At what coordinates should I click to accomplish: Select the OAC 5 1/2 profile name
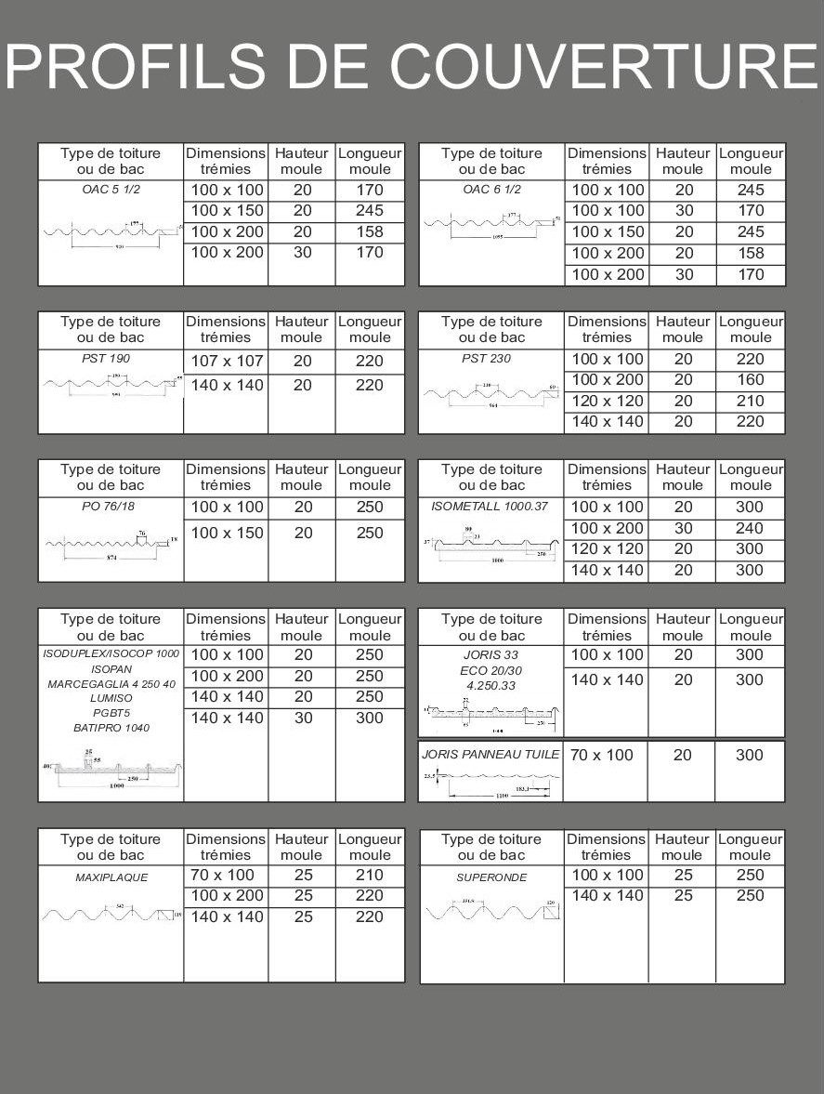[111, 190]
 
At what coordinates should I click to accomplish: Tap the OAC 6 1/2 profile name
[491, 190]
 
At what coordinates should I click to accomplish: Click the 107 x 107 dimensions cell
[226, 362]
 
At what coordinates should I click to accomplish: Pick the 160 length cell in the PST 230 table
[750, 380]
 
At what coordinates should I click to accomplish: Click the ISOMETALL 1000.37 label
[490, 507]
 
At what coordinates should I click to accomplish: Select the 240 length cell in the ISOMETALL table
[750, 528]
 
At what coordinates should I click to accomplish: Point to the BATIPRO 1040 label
[111, 728]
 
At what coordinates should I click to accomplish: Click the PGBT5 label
[111, 713]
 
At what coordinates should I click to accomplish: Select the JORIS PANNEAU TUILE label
[490, 755]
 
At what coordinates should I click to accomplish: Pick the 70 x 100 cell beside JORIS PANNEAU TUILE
[601, 755]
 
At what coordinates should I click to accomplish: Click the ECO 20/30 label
[490, 670]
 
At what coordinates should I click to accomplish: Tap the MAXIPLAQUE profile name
[111, 877]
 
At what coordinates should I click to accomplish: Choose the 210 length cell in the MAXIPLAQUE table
[370, 876]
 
